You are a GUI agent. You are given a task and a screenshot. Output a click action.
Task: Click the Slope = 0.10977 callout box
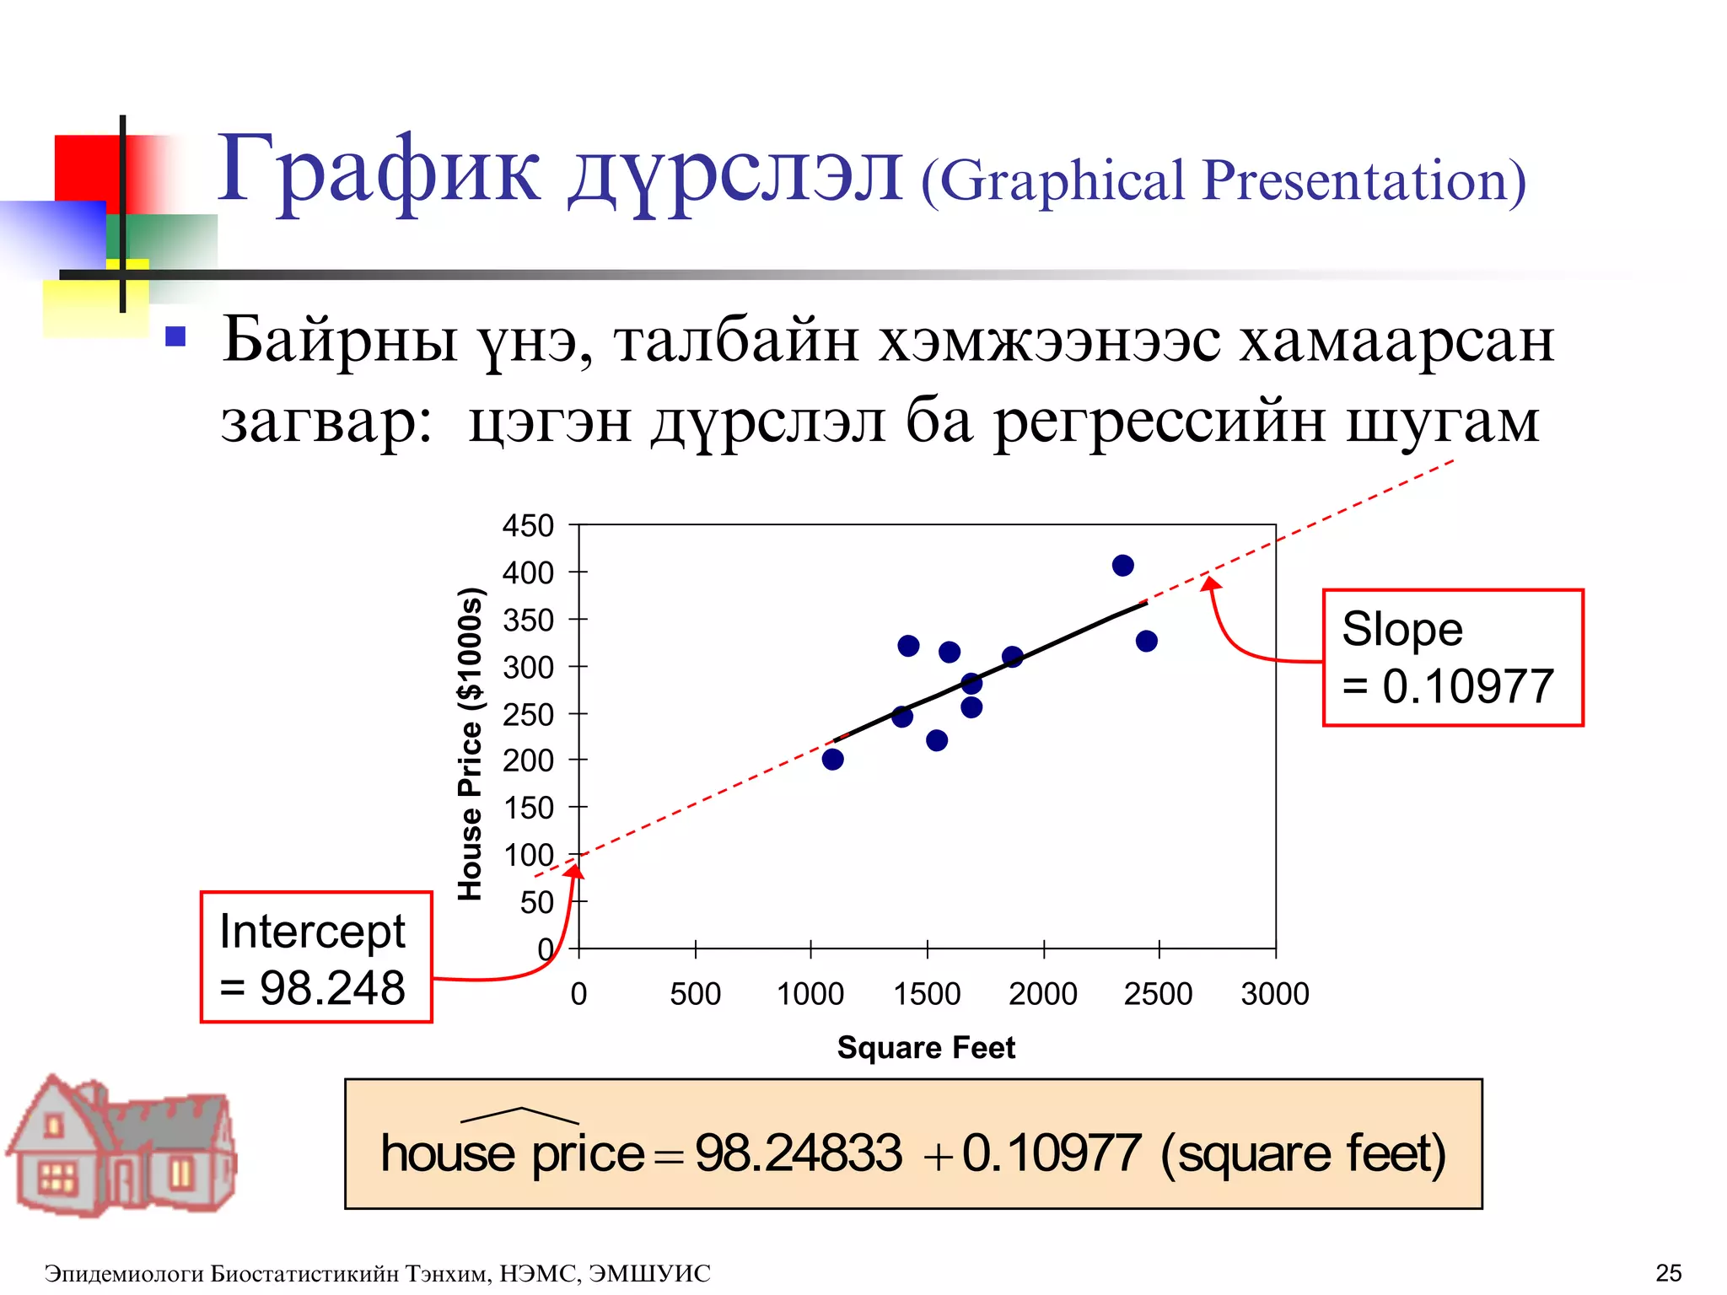pos(1452,657)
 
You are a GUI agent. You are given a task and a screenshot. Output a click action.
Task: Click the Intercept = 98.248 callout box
pos(316,957)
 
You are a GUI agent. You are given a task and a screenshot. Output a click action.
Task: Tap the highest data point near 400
pos(1122,565)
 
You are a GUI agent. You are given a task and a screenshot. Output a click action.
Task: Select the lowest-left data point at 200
pos(832,759)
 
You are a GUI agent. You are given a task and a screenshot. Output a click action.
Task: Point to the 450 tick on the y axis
pos(528,525)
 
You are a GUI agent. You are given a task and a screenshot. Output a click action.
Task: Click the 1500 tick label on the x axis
pos(927,994)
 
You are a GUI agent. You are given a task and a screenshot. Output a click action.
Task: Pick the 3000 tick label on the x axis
pos(1274,994)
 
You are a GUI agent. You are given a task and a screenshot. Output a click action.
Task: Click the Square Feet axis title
pos(926,1047)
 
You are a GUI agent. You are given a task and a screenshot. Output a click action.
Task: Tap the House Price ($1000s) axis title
pos(470,744)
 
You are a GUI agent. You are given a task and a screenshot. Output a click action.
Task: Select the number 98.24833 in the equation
pos(798,1153)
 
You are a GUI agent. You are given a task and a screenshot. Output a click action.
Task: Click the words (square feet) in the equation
pos(1303,1153)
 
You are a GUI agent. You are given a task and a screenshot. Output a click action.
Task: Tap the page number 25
pos(1668,1272)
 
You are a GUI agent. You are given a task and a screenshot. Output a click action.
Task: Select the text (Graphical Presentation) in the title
pos(1223,180)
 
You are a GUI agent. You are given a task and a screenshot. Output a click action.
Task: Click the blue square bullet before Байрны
pos(175,337)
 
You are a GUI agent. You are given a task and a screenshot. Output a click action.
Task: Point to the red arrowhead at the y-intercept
pos(575,871)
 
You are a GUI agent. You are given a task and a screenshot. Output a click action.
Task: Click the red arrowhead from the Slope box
pos(1211,583)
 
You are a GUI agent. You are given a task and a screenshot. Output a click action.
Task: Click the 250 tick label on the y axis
pos(528,714)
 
